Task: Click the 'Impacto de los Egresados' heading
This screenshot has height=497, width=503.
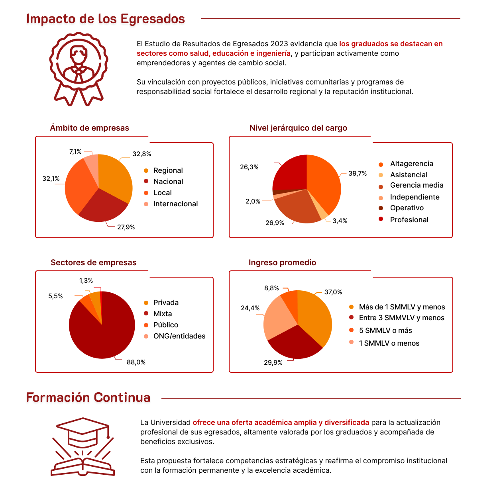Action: pos(106,19)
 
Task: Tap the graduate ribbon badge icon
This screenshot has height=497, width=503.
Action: pos(79,68)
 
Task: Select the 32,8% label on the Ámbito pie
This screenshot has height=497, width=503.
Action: pos(141,154)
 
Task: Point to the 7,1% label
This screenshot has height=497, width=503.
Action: pos(75,152)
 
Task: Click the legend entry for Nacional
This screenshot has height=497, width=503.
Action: pos(168,182)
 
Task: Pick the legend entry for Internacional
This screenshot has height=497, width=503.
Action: pos(175,204)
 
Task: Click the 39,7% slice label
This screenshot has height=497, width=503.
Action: pos(358,174)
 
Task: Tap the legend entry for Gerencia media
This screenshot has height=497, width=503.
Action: pos(417,185)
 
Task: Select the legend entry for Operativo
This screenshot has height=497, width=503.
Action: pos(407,208)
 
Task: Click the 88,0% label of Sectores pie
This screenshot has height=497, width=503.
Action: pos(136,362)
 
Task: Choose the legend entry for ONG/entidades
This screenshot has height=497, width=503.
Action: pos(179,336)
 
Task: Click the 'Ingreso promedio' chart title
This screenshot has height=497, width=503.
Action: pos(282,262)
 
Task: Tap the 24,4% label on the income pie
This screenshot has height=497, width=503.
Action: pos(250,308)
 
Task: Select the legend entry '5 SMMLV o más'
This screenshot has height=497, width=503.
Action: pos(385,331)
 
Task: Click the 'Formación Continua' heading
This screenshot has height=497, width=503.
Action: pos(88,397)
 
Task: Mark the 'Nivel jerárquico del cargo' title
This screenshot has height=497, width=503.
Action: pos(298,128)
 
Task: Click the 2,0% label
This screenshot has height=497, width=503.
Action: pos(253,202)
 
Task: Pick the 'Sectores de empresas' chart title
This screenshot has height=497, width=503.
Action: pos(93,262)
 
